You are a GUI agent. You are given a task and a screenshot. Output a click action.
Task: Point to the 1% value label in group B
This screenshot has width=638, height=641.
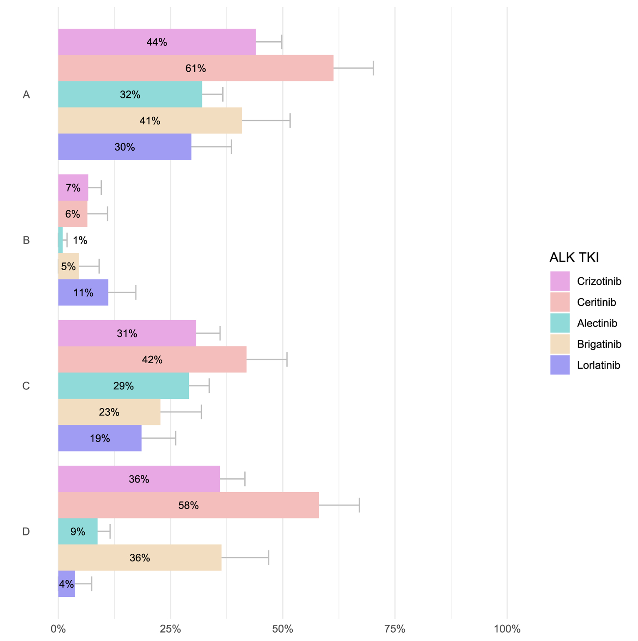point(80,240)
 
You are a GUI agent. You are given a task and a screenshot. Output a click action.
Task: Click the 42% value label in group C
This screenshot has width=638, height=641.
point(152,359)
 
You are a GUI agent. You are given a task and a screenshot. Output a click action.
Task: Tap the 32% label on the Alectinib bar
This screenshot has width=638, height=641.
point(130,95)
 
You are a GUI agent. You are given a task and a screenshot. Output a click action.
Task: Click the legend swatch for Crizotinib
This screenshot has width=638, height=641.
point(560,281)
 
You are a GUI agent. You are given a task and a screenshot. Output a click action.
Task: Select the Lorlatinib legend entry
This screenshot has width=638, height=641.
point(598,365)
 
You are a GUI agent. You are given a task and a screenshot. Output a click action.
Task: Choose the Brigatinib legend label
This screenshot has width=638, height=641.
point(599,344)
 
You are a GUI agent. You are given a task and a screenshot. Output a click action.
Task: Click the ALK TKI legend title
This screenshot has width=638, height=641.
point(574,257)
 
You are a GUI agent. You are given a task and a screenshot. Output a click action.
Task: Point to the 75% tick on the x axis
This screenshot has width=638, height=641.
point(394,629)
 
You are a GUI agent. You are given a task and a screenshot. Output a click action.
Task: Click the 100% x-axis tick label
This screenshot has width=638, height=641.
point(507,629)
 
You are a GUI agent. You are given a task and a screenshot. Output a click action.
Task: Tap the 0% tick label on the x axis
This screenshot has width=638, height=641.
point(58,629)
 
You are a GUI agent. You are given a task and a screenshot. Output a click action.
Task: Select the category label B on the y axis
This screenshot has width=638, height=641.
point(26,240)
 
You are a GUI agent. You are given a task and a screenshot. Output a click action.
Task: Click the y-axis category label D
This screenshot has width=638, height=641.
point(26,531)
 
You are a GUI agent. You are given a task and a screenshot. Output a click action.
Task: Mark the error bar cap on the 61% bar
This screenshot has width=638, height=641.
point(373,68)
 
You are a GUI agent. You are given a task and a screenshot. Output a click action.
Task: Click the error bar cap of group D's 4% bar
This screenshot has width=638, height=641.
point(91,584)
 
